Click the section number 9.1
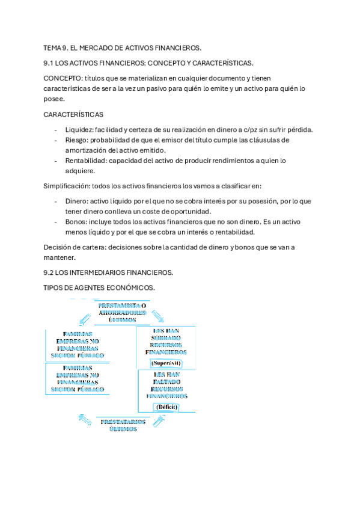(50, 63)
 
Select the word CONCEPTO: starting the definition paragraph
(63, 78)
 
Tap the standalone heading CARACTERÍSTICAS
(73, 114)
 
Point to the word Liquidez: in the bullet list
(81, 130)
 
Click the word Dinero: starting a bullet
(78, 201)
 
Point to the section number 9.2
(50, 272)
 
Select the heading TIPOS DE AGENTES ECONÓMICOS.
(99, 288)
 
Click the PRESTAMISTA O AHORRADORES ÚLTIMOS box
(123, 313)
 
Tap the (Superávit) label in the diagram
(166, 363)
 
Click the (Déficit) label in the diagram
(166, 407)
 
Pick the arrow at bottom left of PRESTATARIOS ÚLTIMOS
(84, 419)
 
